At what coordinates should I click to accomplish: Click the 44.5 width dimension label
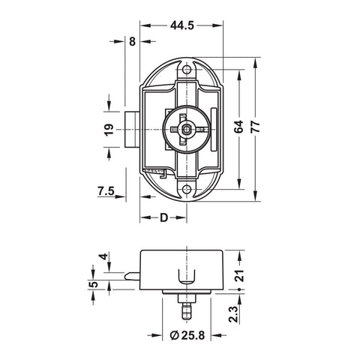[182, 25]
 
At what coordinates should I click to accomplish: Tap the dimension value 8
[132, 41]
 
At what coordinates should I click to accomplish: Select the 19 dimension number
[109, 130]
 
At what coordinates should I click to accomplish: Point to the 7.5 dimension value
[106, 191]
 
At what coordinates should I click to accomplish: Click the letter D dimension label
[163, 217]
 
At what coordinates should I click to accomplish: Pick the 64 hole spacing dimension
[238, 127]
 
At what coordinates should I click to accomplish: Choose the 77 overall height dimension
[255, 127]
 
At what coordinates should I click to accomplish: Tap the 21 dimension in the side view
[240, 276]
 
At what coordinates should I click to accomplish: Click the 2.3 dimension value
[234, 314]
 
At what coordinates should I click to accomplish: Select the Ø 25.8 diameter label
[187, 335]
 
